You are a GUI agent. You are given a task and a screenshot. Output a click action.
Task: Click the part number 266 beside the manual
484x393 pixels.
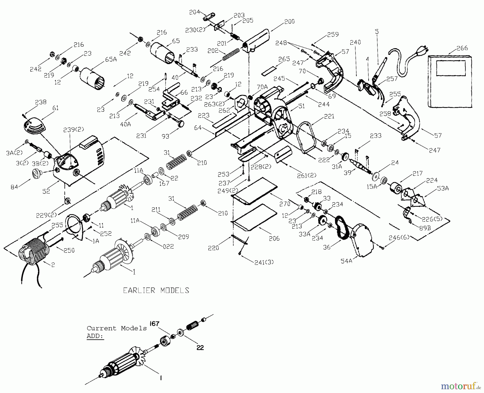pyautogui.click(x=462, y=48)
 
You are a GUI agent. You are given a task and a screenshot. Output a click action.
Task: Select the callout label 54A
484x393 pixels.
pyautogui.click(x=347, y=261)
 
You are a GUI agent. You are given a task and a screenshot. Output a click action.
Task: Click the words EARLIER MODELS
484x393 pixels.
pyautogui.click(x=156, y=290)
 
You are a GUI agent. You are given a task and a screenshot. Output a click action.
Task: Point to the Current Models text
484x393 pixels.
pyautogui.click(x=117, y=328)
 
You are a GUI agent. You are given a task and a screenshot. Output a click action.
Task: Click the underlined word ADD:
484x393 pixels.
pyautogui.click(x=95, y=336)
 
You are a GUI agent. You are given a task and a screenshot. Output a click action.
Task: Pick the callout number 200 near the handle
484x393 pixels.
pyautogui.click(x=289, y=22)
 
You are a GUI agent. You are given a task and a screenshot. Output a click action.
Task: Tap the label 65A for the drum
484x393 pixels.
pyautogui.click(x=111, y=59)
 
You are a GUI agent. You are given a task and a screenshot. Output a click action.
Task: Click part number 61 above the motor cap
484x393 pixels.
pyautogui.click(x=55, y=108)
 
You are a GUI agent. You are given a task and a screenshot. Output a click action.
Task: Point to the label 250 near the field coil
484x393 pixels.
pyautogui.click(x=69, y=250)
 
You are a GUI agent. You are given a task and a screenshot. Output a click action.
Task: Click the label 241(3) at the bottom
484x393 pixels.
pyautogui.click(x=264, y=262)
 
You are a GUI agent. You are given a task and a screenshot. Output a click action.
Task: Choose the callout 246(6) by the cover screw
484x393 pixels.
pyautogui.click(x=399, y=237)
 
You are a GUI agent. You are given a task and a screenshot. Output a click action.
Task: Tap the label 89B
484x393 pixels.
pyautogui.click(x=425, y=228)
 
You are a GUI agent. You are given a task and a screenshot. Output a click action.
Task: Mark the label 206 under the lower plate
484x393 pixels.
pyautogui.click(x=274, y=238)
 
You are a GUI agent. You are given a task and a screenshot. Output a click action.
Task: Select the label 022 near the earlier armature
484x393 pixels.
pyautogui.click(x=168, y=246)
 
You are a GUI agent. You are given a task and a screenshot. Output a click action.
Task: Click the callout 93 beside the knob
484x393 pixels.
pyautogui.click(x=166, y=136)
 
